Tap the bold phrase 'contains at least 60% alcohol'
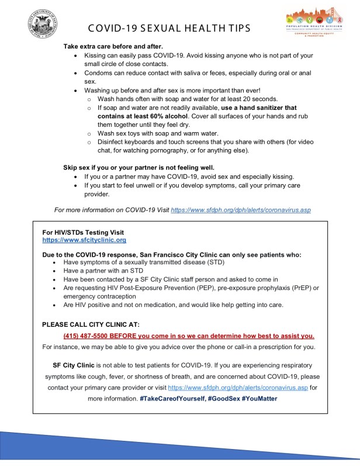coord(140,116)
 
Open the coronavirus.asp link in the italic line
coord(240,209)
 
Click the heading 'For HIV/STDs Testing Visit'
coord(83,233)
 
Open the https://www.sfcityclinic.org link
coord(84,240)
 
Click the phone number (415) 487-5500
coord(88,336)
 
